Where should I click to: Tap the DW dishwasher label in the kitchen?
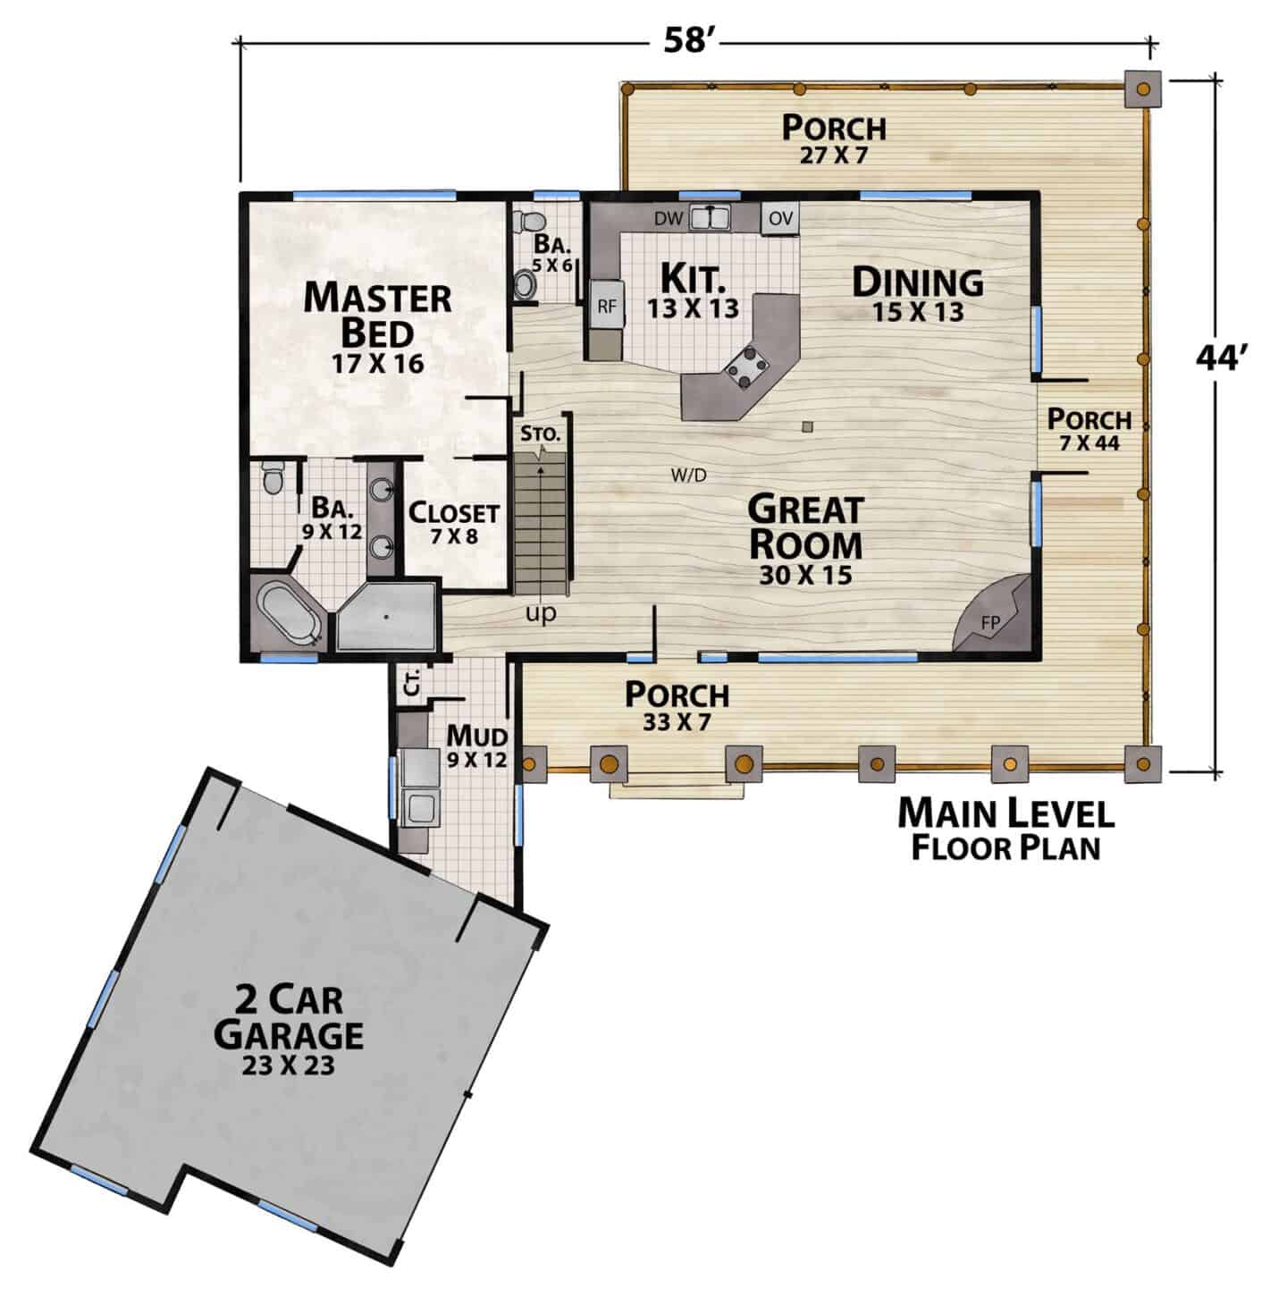(669, 219)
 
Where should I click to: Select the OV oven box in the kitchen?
(780, 219)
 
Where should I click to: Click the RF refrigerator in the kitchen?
(607, 306)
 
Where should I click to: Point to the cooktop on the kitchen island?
(746, 367)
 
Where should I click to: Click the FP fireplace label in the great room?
(990, 623)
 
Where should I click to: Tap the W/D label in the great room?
(689, 476)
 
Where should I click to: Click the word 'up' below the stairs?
(541, 613)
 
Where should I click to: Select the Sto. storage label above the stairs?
(541, 434)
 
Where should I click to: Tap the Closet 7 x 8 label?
(454, 523)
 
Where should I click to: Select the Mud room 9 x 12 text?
(476, 745)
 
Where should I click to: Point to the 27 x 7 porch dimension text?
(834, 156)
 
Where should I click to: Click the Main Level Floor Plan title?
(1005, 829)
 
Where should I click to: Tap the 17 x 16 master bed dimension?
(378, 364)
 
